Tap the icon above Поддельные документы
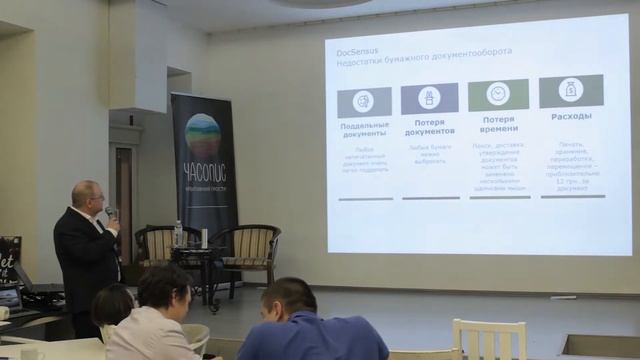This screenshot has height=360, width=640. (364, 99)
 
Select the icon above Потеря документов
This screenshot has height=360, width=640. (429, 98)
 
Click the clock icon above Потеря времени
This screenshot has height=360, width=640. (498, 95)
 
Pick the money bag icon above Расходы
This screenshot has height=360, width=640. (570, 91)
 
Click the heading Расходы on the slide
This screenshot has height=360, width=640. (570, 116)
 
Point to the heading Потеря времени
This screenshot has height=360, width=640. (498, 124)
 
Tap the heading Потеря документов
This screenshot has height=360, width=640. (430, 127)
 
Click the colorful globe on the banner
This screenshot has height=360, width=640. (202, 134)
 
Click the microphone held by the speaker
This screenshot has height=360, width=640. (110, 212)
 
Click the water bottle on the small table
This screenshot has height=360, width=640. (178, 234)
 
